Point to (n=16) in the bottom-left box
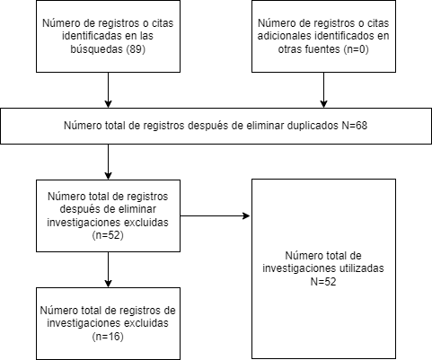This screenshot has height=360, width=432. tap(108, 337)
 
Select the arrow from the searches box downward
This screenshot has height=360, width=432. tap(108, 91)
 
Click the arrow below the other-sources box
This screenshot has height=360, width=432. tap(323, 91)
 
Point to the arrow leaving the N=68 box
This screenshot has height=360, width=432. tap(108, 162)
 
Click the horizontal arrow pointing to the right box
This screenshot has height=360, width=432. tap(216, 215)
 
